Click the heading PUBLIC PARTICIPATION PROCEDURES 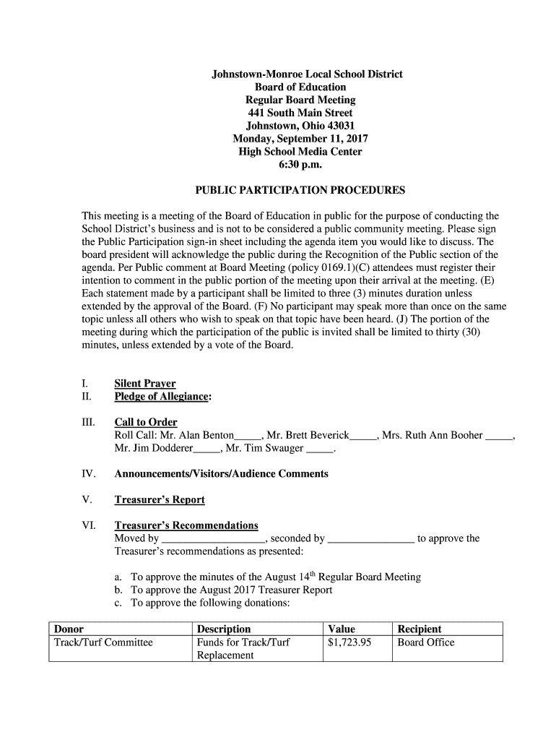300,191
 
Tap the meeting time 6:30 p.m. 300,165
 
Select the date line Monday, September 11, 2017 300,139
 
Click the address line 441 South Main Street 300,113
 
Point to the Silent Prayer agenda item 145,384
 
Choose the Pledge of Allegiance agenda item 162,397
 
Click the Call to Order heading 146,422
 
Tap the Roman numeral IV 89,474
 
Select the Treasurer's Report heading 160,500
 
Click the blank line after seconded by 371,539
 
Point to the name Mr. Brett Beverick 308,436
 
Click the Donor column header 69,629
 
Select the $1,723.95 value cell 349,642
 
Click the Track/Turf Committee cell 103,642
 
